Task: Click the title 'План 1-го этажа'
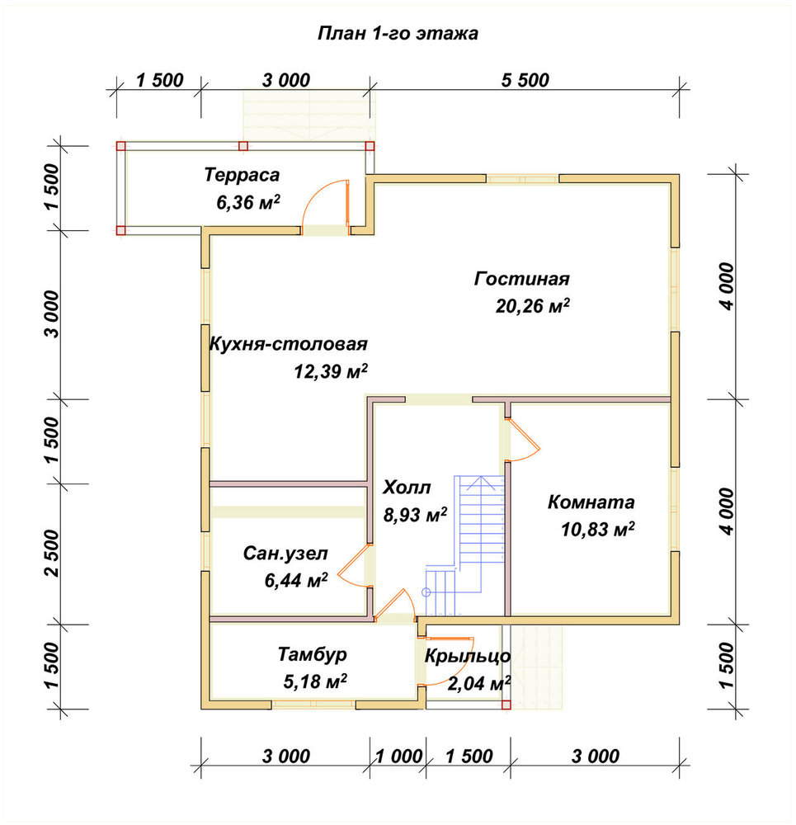(398, 34)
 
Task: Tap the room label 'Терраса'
(242, 175)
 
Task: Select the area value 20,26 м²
(532, 305)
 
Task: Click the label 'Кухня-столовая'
(289, 344)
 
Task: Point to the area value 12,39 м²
(331, 371)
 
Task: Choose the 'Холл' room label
(407, 488)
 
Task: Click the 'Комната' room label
(591, 502)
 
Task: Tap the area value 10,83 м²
(597, 530)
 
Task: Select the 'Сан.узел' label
(285, 554)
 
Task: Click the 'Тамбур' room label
(313, 654)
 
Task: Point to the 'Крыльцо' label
(467, 656)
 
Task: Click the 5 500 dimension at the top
(525, 81)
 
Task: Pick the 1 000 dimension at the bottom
(398, 757)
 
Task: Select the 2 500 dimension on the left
(53, 553)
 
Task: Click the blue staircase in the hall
(464, 545)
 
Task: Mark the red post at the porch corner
(506, 705)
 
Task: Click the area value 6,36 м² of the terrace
(247, 202)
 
